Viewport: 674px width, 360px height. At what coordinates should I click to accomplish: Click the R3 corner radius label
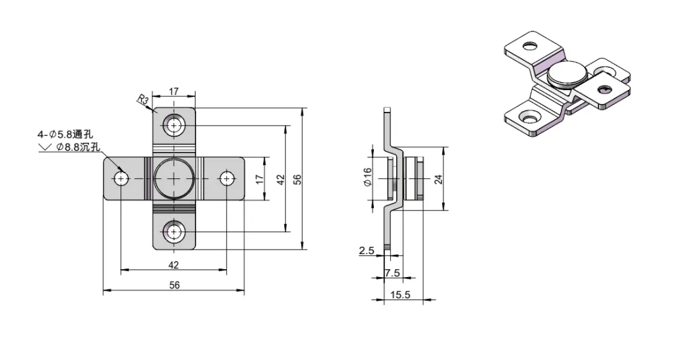143,100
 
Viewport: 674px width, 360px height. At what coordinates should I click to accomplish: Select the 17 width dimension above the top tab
174,92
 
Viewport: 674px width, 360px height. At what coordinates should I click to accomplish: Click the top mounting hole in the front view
174,125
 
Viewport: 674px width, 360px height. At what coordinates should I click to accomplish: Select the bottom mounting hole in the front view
174,232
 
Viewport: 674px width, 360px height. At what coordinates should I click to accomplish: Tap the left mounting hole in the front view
120,178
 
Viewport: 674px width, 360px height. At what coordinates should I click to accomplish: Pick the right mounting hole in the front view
227,178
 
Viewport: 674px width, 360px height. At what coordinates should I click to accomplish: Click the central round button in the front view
174,178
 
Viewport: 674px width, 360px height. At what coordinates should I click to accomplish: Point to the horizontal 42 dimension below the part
174,265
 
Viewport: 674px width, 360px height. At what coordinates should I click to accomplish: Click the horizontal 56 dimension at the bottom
174,285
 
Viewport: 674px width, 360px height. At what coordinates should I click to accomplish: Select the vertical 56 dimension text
298,179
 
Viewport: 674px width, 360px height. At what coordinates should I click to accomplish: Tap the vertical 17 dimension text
259,178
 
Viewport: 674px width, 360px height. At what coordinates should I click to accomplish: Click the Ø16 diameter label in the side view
367,178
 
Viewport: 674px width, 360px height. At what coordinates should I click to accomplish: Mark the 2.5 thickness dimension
366,251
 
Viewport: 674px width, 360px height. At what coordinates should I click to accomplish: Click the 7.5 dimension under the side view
392,273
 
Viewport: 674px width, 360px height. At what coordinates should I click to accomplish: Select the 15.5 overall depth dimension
400,296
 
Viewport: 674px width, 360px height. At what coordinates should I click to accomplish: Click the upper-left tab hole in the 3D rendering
530,47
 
